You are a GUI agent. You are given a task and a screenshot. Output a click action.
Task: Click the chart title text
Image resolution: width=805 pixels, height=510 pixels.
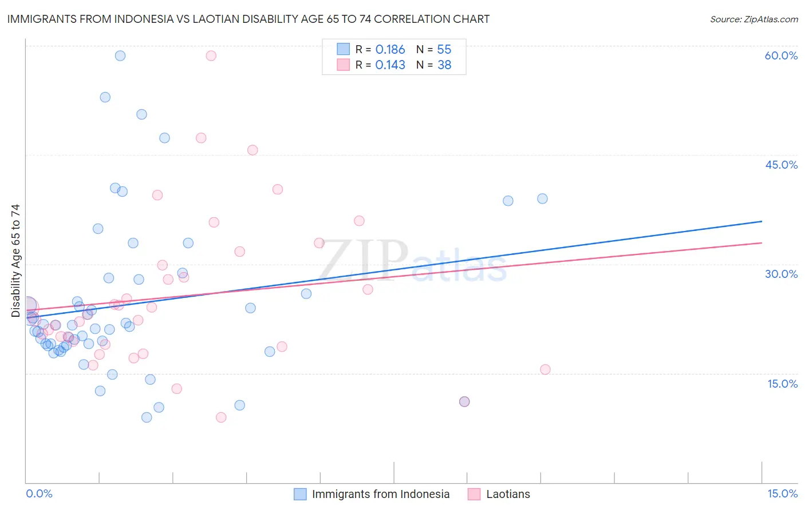[248, 19]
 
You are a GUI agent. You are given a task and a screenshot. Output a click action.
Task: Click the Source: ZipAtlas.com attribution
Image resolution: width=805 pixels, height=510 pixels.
[753, 19]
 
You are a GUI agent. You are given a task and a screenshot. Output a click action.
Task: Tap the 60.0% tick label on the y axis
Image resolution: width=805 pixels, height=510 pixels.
[781, 55]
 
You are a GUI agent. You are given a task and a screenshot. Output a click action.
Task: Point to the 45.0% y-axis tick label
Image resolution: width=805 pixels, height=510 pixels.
[781, 165]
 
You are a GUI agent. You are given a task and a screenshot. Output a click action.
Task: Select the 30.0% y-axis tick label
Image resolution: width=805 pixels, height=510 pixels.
[781, 274]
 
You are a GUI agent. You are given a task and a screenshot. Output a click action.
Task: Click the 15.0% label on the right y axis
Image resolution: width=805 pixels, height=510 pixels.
[782, 384]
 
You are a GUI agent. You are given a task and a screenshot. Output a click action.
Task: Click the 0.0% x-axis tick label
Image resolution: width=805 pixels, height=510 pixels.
[39, 493]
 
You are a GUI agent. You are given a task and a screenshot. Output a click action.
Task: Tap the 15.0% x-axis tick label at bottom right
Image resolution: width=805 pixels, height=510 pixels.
[782, 493]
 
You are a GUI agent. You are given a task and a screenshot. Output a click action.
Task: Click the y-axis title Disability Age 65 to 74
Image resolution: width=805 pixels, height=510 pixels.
[15, 260]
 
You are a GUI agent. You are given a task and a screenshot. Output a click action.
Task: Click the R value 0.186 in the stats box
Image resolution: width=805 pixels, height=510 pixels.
[390, 50]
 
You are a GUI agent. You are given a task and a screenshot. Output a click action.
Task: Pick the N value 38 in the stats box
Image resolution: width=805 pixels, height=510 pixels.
[444, 65]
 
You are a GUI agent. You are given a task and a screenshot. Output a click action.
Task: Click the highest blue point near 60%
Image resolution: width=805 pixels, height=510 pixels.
[120, 55]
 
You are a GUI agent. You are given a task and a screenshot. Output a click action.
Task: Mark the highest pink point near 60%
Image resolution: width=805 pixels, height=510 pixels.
[211, 55]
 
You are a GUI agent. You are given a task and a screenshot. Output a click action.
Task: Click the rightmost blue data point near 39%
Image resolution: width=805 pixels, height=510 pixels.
[542, 199]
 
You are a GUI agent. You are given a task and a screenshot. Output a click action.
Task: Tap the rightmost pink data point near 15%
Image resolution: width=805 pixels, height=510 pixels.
[545, 369]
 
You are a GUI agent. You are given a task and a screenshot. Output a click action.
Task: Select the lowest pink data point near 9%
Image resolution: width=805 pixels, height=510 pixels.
[221, 417]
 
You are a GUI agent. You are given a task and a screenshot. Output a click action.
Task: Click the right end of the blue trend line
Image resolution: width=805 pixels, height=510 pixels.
[761, 221]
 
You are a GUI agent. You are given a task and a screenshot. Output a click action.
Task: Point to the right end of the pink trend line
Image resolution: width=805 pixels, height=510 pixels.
[761, 243]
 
